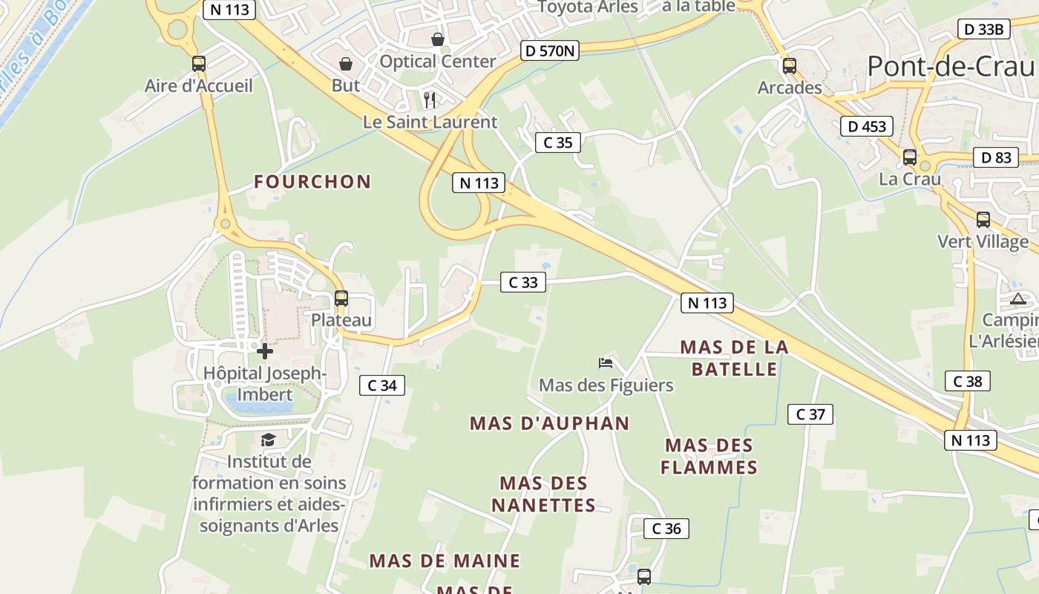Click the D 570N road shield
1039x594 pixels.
[549, 50]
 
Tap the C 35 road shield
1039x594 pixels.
[557, 143]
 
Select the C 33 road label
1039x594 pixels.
[523, 282]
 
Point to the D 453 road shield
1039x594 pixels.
[867, 126]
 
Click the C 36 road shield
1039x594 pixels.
[666, 529]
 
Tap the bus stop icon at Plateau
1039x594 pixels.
[341, 298]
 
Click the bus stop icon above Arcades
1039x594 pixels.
[790, 66]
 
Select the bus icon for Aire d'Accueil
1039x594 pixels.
[198, 64]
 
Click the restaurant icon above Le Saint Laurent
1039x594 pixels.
[430, 100]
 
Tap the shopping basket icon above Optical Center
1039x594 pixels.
[438, 39]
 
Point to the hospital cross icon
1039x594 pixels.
[265, 350]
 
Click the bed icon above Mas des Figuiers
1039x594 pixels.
[606, 363]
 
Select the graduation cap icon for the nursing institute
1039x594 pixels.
[268, 440]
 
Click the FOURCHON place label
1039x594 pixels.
[312, 182]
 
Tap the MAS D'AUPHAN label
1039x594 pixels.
[549, 424]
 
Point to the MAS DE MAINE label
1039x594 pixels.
[445, 561]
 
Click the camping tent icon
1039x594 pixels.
[1018, 299]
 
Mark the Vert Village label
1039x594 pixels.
[983, 242]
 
